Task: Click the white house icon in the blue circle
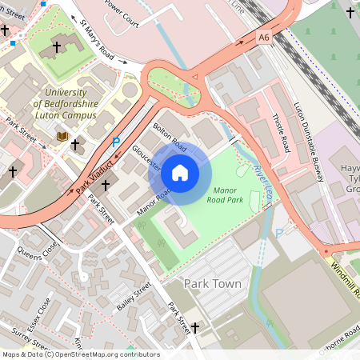pyautogui.click(x=180, y=172)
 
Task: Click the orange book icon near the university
pyautogui.click(x=62, y=137)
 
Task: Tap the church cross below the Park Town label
pyautogui.click(x=194, y=327)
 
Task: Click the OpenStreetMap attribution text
pyautogui.click(x=80, y=354)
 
